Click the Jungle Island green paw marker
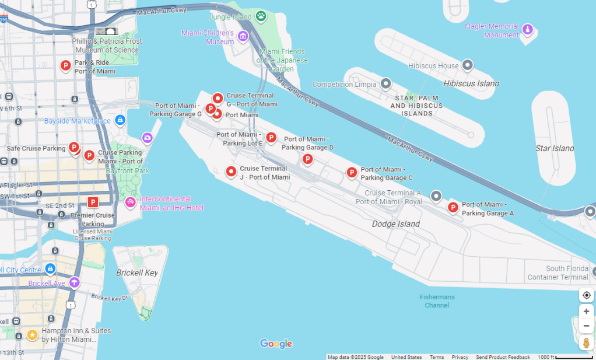click(x=261, y=16)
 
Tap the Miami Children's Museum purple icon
click(x=243, y=37)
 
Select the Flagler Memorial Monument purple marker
click(x=527, y=30)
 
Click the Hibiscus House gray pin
click(x=467, y=65)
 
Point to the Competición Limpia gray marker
click(x=385, y=84)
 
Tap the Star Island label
click(x=554, y=148)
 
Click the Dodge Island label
click(x=395, y=224)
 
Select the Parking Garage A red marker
click(x=453, y=207)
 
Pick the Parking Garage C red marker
click(x=352, y=172)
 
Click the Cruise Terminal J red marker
click(x=231, y=172)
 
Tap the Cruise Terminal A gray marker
click(x=436, y=195)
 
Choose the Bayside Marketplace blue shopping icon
click(x=120, y=120)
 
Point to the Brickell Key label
click(x=137, y=272)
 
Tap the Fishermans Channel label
click(x=437, y=301)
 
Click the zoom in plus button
click(x=586, y=311)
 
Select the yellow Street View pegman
click(x=586, y=342)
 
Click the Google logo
click(x=276, y=344)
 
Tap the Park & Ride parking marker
click(x=66, y=66)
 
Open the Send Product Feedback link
click(x=503, y=357)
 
